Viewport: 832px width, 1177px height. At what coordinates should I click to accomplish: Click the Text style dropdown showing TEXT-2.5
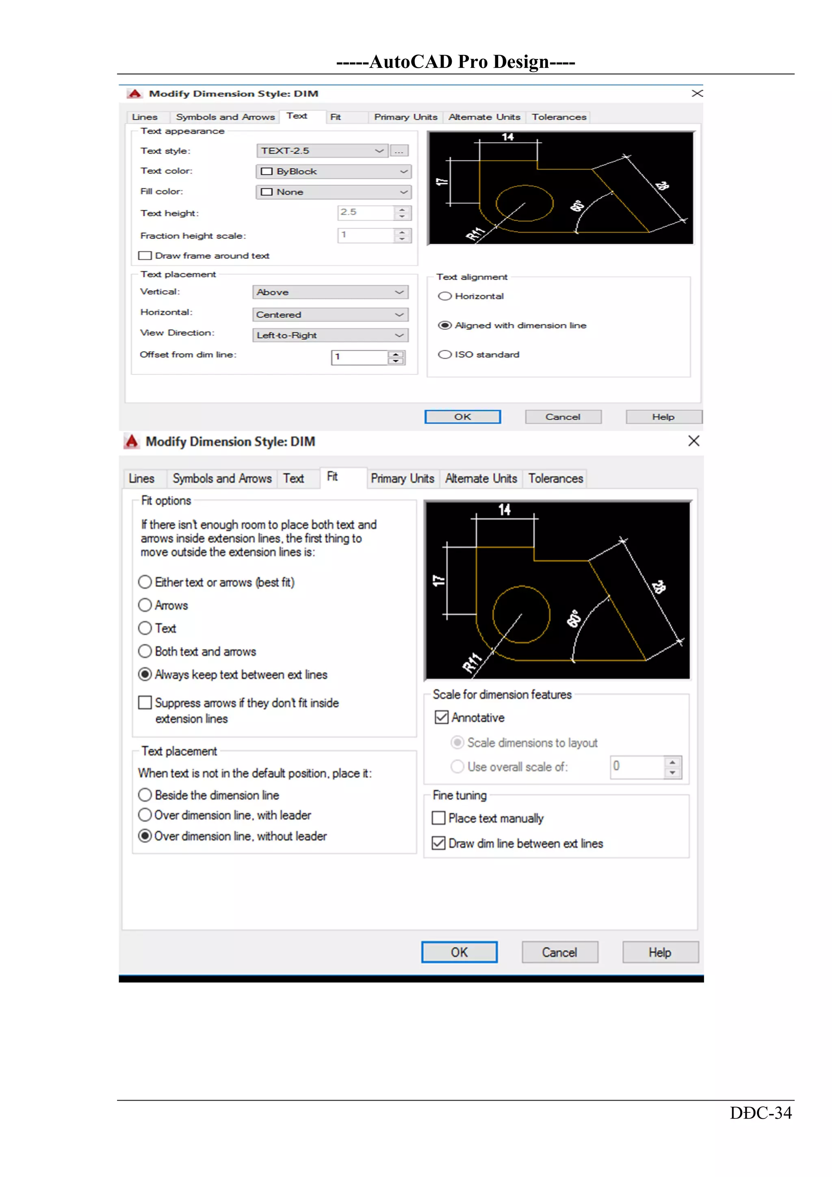[x=322, y=151]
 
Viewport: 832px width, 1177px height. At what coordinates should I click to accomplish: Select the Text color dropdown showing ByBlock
[x=333, y=171]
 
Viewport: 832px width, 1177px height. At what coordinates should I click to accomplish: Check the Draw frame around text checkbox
[x=145, y=255]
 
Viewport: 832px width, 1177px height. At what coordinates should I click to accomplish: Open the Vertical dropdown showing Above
[x=330, y=292]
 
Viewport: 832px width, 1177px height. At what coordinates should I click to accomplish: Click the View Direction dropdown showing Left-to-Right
[x=330, y=335]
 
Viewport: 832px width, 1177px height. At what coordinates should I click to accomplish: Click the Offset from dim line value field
[x=360, y=357]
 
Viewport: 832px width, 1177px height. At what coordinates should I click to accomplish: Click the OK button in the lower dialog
[x=459, y=952]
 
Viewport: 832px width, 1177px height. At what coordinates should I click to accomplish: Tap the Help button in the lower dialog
[x=660, y=952]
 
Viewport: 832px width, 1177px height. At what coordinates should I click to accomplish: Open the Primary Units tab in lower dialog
[x=402, y=478]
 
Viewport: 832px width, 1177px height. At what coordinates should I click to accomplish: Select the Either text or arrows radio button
[x=145, y=582]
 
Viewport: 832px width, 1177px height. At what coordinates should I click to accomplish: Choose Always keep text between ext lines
[x=145, y=674]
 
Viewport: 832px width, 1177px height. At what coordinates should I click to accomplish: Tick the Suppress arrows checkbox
[x=145, y=702]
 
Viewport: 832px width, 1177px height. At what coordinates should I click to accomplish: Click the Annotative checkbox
[x=441, y=717]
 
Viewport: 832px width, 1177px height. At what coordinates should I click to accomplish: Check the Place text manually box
[x=438, y=818]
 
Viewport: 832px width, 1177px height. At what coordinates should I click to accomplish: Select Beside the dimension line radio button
[x=145, y=795]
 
